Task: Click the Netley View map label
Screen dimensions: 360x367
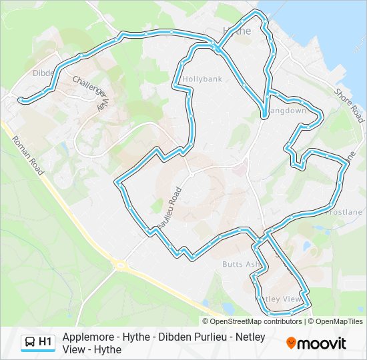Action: pyautogui.click(x=280, y=299)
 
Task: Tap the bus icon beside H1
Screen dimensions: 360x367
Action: pyautogui.click(x=30, y=342)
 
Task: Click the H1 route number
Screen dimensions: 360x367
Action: pyautogui.click(x=45, y=342)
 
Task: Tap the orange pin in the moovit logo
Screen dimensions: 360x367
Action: pyautogui.click(x=291, y=343)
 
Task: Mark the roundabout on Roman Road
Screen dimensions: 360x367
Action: pyautogui.click(x=120, y=265)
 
